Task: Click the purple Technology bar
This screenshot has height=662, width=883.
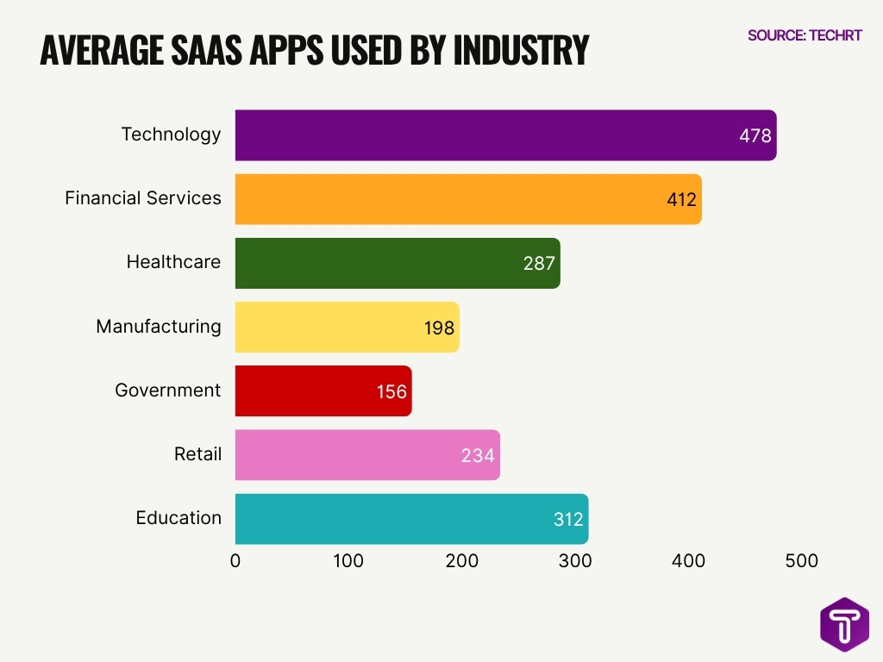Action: point(505,135)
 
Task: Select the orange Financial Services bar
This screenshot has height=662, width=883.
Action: point(468,199)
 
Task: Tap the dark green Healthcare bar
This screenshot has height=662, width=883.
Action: point(398,263)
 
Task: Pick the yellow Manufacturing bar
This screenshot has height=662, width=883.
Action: point(347,327)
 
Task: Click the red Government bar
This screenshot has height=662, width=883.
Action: point(323,390)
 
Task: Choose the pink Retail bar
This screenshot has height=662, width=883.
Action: point(367,454)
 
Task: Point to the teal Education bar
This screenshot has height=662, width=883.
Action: point(411,518)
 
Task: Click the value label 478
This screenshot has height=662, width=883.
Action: point(755,136)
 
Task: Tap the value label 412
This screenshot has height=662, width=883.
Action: point(681,200)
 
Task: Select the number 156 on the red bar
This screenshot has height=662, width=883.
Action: point(391,391)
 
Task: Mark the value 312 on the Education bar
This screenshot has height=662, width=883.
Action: point(568,519)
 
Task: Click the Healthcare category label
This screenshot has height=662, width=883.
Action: point(173,262)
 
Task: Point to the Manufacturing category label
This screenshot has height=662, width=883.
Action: point(158,327)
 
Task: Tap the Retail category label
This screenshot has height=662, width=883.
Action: point(197,454)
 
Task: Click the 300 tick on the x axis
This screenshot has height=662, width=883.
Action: point(575,561)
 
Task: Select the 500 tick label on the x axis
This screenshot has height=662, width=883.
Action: point(802,561)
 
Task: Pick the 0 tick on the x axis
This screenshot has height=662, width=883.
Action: point(235,561)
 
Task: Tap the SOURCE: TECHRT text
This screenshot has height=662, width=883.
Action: point(805,36)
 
